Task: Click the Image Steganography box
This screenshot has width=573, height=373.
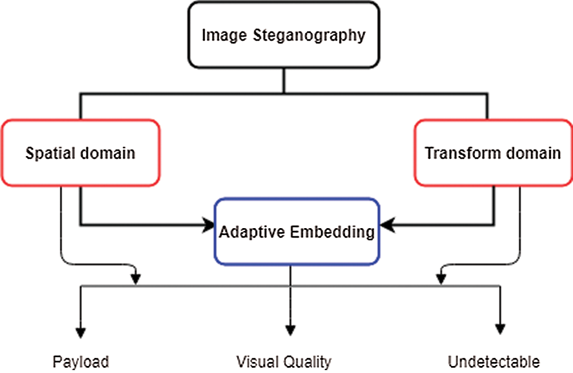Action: click(x=284, y=35)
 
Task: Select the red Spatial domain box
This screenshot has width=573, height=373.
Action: click(x=80, y=153)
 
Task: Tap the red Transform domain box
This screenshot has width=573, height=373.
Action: click(x=492, y=153)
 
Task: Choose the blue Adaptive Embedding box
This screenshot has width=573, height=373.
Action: click(x=296, y=232)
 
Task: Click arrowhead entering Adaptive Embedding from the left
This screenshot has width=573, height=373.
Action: click(x=208, y=224)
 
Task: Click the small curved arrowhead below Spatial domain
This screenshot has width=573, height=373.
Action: click(x=136, y=279)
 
